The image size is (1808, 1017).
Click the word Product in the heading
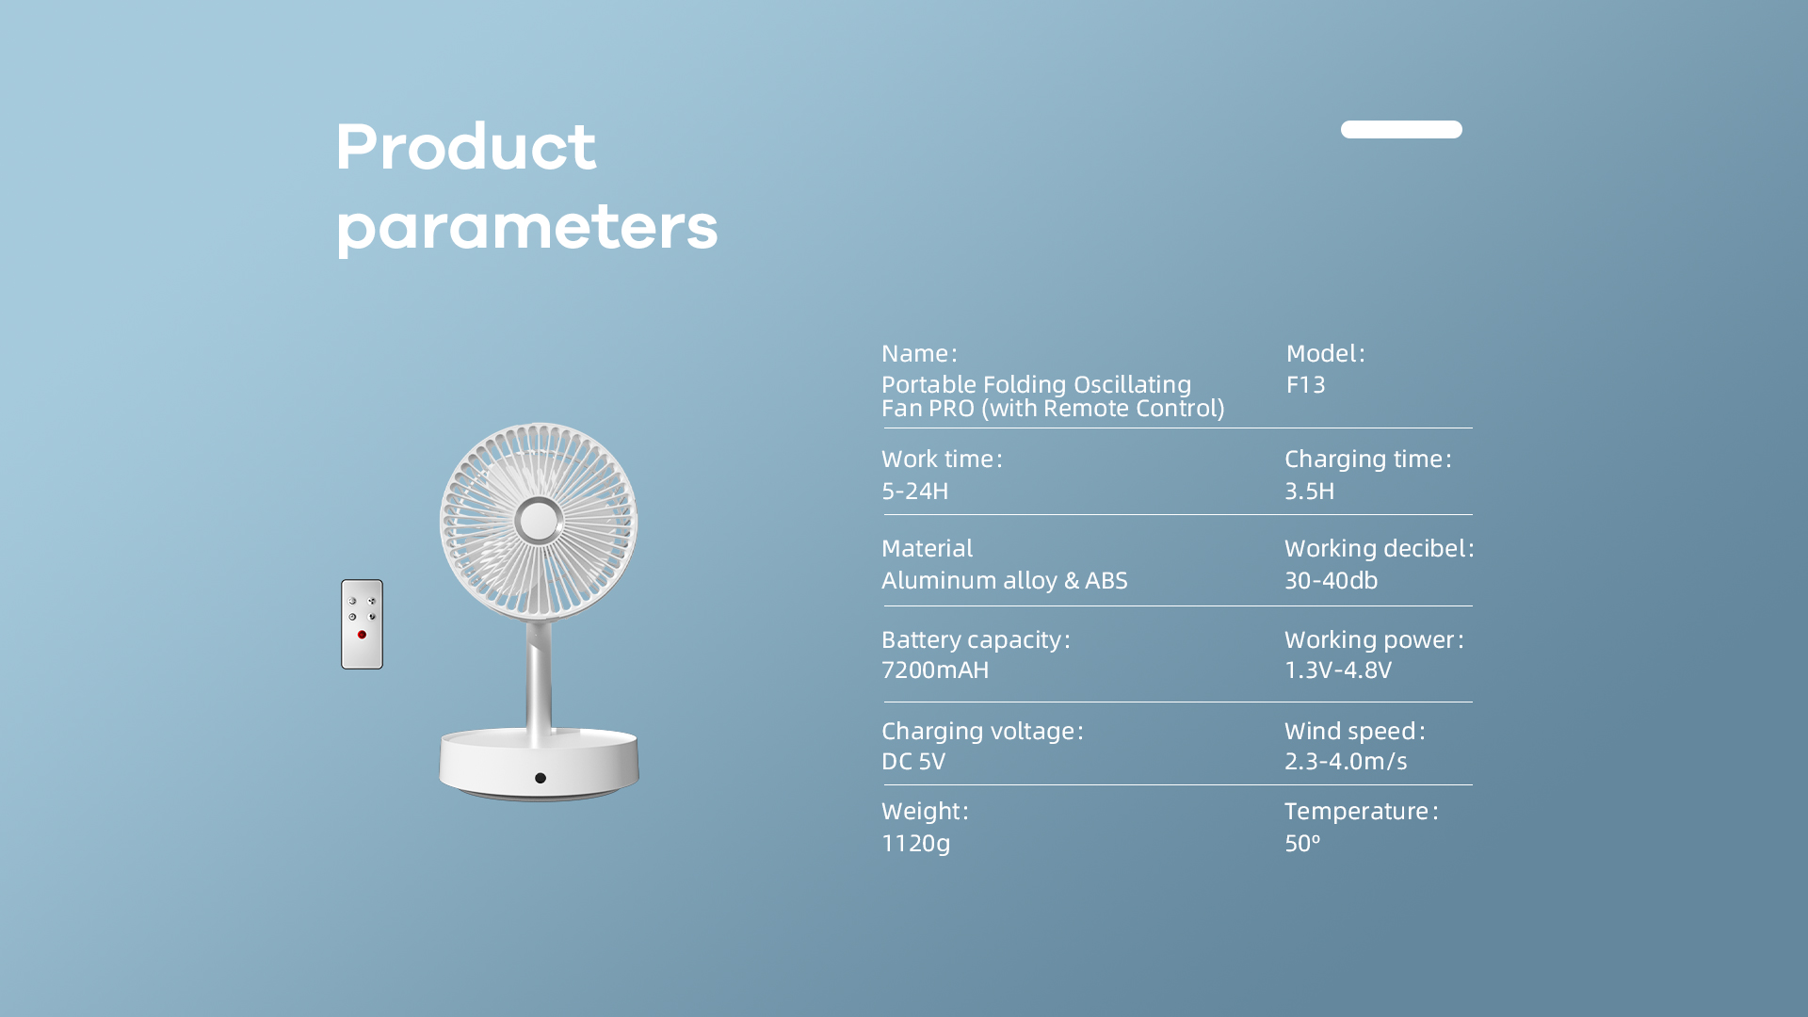pos(466,147)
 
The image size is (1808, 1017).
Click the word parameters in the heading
pos(527,228)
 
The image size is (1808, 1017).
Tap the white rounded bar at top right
pos(1401,129)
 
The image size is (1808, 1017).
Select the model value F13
pos(1305,384)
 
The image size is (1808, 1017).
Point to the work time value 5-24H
pos(915,491)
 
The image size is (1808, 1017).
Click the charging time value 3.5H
pos(1310,491)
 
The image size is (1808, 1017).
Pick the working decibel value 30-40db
pos(1332,580)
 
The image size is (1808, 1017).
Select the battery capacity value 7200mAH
pos(935,670)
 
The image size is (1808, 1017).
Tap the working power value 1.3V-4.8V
pos(1338,670)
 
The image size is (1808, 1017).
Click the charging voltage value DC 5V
pos(913,761)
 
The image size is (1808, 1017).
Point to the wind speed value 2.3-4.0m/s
pos(1346,761)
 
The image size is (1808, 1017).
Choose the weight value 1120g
pos(916,843)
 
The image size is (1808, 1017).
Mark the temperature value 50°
pos(1302,843)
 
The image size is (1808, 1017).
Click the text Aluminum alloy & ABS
pos(1005,580)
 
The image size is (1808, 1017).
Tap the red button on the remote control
pos(362,635)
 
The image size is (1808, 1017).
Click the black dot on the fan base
pos(541,778)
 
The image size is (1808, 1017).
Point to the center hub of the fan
pos(539,521)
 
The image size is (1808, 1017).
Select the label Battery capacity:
pos(976,640)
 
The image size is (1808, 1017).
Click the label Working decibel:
pos(1380,548)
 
